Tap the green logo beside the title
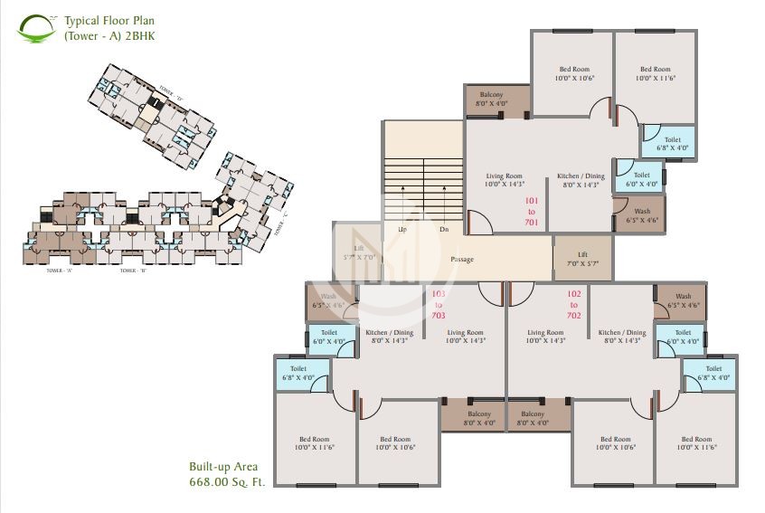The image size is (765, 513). tap(37, 27)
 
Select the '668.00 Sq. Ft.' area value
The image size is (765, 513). tap(226, 483)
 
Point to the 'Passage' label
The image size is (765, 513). tap(462, 260)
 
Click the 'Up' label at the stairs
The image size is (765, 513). tap(402, 230)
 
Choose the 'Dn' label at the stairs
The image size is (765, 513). tap(444, 230)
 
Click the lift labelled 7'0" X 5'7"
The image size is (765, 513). tap(582, 259)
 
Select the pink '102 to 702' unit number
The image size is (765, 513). tap(574, 305)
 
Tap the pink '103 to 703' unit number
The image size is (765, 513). tap(439, 305)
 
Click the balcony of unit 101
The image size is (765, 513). tap(496, 100)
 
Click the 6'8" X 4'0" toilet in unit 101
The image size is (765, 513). tap(672, 144)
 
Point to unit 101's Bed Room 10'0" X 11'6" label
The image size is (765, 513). tap(656, 74)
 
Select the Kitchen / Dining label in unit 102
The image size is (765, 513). tap(622, 337)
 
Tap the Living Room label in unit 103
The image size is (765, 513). tap(466, 337)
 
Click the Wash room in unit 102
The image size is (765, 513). tap(683, 301)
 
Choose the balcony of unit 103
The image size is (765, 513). tap(472, 418)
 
